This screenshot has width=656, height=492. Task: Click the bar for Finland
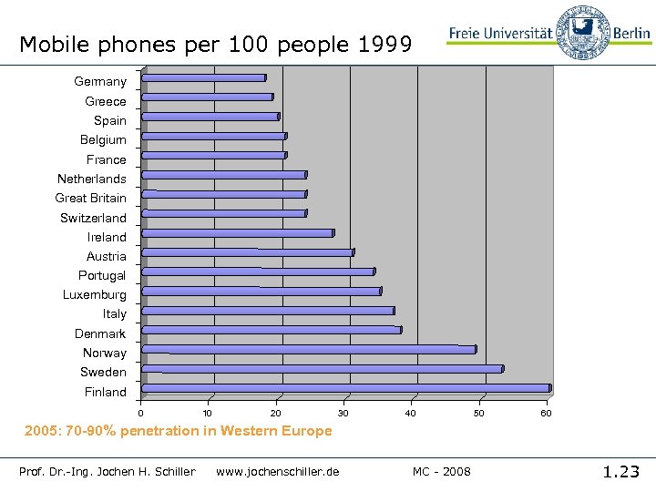[x=346, y=388]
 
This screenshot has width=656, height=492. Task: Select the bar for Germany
[x=204, y=78]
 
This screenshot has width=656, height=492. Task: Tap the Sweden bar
[x=323, y=369]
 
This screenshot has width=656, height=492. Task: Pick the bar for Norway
[x=309, y=349]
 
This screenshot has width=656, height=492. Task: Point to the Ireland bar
[x=238, y=233]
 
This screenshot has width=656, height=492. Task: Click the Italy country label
[x=115, y=314]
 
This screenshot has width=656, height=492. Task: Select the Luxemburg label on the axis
[x=95, y=295]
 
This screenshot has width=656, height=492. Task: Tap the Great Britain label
[x=91, y=198]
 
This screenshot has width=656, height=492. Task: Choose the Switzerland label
[x=94, y=218]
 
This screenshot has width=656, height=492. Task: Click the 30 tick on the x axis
[x=343, y=414]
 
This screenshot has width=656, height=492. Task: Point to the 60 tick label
[x=546, y=414]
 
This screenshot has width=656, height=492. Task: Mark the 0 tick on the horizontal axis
[x=141, y=414]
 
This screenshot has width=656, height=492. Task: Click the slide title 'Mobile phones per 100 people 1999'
[x=216, y=44]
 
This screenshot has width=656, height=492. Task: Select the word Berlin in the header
[x=631, y=34]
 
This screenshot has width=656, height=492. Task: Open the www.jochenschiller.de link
[x=278, y=471]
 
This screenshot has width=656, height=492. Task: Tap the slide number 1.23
[x=621, y=471]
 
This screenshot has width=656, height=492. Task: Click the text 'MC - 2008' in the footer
[x=442, y=471]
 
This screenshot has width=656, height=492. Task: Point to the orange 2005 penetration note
[x=179, y=431]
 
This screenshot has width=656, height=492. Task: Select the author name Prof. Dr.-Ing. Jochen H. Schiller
[x=108, y=471]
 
